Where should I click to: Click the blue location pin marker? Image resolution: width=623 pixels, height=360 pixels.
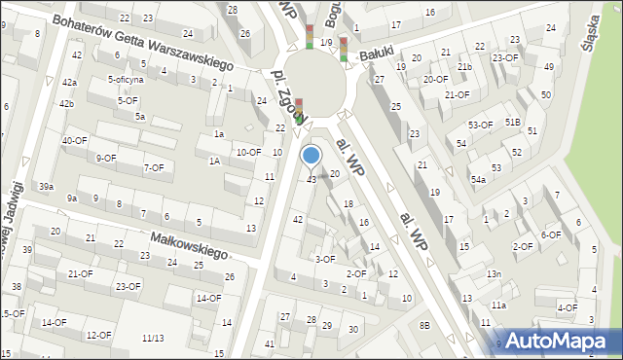(x=311, y=156)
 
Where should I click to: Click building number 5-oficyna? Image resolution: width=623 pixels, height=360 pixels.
(x=126, y=80)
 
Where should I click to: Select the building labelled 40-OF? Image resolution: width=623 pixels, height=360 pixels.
(x=75, y=141)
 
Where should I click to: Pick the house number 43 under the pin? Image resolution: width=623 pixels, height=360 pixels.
(x=311, y=180)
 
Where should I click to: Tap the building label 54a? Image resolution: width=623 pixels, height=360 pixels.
(x=478, y=180)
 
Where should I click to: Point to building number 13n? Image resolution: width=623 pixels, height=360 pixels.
(x=494, y=273)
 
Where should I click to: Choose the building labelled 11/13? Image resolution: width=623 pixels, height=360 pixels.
(x=153, y=338)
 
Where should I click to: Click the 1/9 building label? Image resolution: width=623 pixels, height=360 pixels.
(x=326, y=43)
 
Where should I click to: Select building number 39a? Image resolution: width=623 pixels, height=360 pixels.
(x=46, y=186)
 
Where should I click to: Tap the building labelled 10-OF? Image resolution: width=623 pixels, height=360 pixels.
(x=248, y=152)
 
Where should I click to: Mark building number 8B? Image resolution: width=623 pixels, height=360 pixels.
(x=424, y=324)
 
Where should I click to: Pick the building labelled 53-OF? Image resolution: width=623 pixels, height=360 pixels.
(x=480, y=125)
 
